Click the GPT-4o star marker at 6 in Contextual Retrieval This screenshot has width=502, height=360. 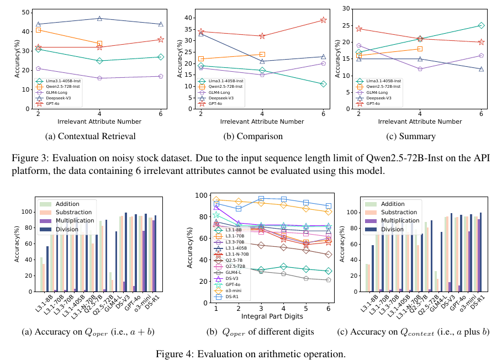(161, 39)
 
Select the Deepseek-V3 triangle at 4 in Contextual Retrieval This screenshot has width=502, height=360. (99, 18)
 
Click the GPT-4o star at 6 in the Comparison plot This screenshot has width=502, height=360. (324, 20)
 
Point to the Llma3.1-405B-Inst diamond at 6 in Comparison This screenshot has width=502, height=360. (324, 84)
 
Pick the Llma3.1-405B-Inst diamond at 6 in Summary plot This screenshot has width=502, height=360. (481, 25)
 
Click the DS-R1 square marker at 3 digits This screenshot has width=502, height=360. (261, 198)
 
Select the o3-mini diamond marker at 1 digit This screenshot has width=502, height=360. (216, 199)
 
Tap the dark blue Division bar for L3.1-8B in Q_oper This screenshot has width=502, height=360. (47, 269)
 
